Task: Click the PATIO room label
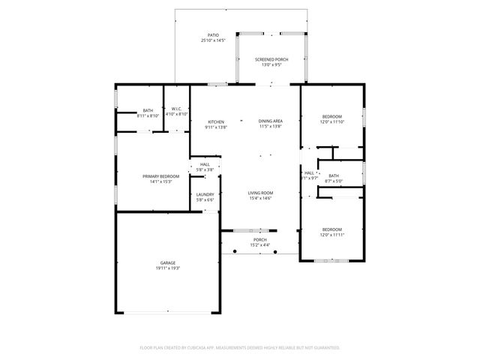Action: [x=213, y=35]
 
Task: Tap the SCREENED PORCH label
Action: [x=271, y=59]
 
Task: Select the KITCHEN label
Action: [x=216, y=121]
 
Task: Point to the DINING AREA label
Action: [x=270, y=121]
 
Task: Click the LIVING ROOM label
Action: [x=260, y=192]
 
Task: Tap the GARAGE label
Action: [x=167, y=262]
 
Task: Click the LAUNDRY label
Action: [x=205, y=194]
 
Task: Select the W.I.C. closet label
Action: [x=176, y=109]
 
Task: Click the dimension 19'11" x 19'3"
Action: [x=167, y=268]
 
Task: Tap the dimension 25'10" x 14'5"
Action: [x=213, y=40]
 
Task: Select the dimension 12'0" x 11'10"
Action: [x=332, y=121]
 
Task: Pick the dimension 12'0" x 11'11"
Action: [x=332, y=235]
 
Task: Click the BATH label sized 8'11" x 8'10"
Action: [x=148, y=110]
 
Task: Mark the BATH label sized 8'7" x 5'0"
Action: [x=333, y=175]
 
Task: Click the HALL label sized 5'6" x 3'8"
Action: [x=205, y=164]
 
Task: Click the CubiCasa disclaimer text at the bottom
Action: [x=240, y=347]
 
